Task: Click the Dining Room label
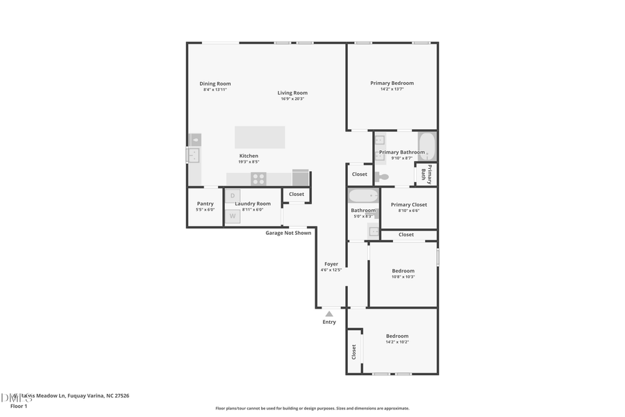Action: (215, 83)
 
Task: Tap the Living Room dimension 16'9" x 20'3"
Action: (292, 99)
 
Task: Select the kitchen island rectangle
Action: (260, 137)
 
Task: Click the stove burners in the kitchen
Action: (258, 179)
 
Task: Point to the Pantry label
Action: (205, 204)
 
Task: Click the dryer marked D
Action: (233, 196)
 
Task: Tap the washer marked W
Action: (233, 216)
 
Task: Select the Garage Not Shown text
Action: (288, 233)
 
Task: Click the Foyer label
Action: (331, 264)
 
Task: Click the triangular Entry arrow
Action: (329, 314)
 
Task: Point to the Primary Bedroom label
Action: (392, 83)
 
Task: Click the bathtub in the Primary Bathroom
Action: (426, 147)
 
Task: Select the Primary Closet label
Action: (408, 205)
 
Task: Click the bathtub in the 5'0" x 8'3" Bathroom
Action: (363, 196)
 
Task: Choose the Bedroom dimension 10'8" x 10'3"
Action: (403, 277)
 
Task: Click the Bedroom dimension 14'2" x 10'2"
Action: (397, 342)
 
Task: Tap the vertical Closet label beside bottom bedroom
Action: (353, 352)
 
